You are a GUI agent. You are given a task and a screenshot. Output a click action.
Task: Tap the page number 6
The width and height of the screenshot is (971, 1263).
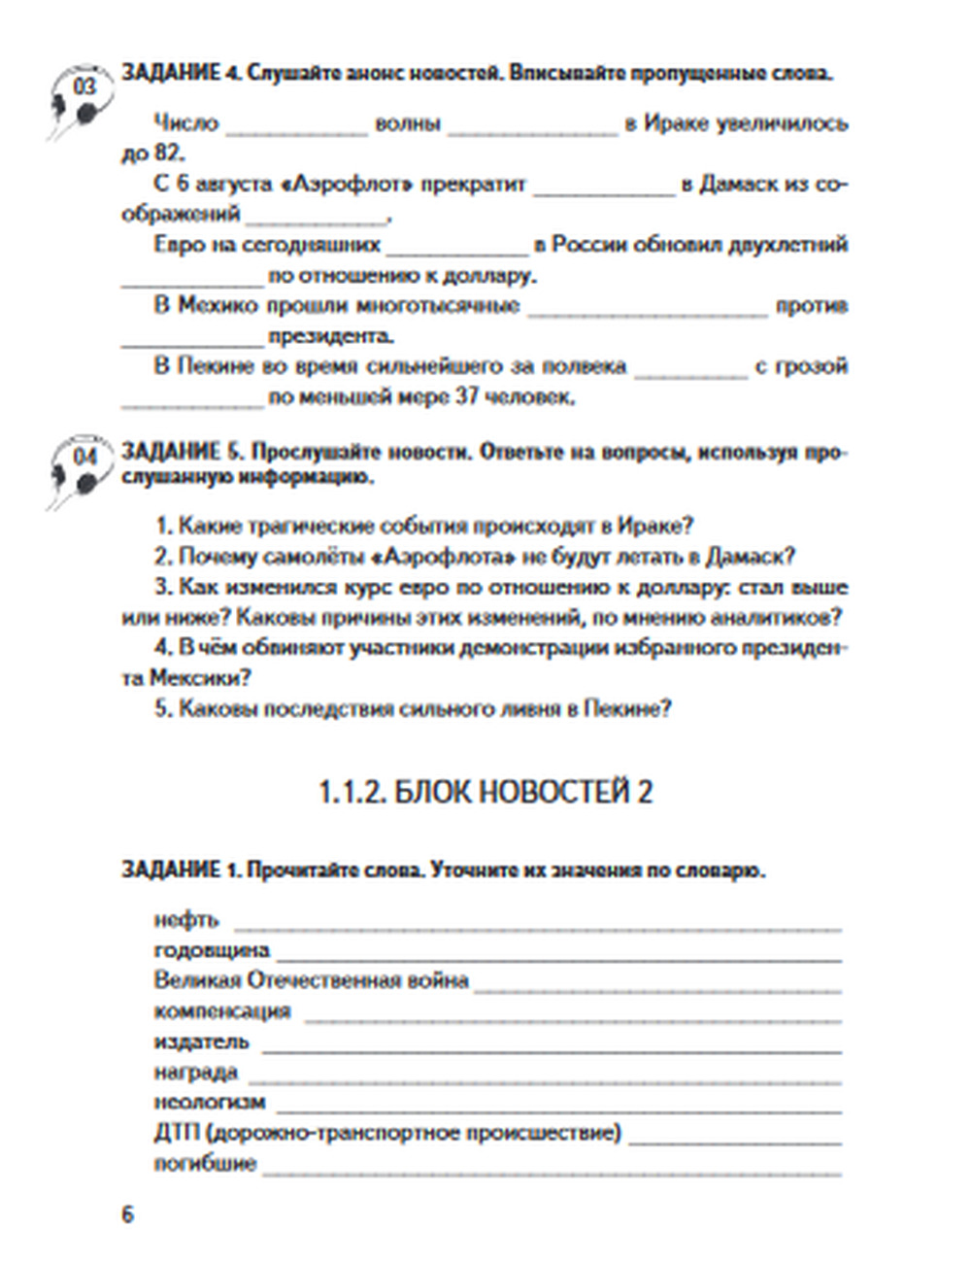tap(126, 1214)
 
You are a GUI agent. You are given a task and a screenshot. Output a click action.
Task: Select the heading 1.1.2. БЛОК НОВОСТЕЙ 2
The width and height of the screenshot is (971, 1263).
tap(485, 793)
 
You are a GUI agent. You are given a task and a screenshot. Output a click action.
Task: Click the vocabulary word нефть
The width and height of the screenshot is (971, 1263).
tap(186, 919)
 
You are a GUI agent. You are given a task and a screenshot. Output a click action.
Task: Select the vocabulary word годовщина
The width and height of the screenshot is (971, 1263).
tap(212, 950)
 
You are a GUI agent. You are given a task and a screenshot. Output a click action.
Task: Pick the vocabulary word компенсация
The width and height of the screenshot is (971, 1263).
tap(222, 1011)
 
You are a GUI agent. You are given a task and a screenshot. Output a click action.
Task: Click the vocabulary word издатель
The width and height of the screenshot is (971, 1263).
tap(201, 1042)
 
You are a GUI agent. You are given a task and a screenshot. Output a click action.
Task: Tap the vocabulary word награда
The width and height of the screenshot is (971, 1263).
tap(195, 1073)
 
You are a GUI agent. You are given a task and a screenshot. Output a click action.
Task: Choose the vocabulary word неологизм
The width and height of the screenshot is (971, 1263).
tap(209, 1103)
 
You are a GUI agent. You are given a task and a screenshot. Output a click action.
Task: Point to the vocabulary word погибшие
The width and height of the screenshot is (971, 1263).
tap(205, 1164)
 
